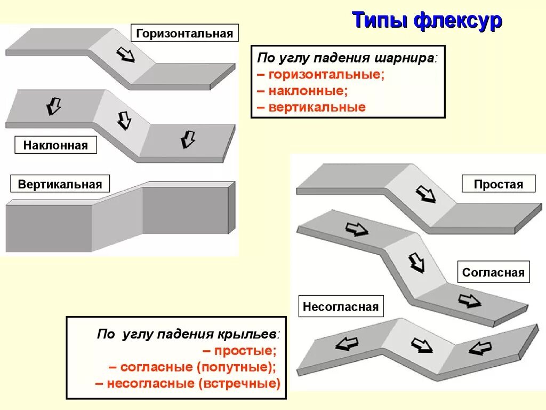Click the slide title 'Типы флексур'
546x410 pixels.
click(x=427, y=21)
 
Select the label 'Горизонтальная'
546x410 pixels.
click(x=184, y=34)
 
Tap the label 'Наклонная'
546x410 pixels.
click(x=55, y=145)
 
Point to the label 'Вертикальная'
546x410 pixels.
click(x=60, y=184)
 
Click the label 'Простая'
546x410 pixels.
click(x=499, y=184)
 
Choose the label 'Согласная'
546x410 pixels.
click(x=493, y=272)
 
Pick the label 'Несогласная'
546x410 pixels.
click(x=341, y=306)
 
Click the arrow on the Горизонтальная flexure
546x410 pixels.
click(x=126, y=54)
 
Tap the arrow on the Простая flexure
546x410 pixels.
click(x=425, y=193)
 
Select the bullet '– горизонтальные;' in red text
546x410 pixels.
click(x=320, y=74)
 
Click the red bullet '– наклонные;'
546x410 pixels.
click(x=302, y=90)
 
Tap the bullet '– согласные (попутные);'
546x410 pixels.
click(x=192, y=367)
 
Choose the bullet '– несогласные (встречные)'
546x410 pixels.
click(x=188, y=383)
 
